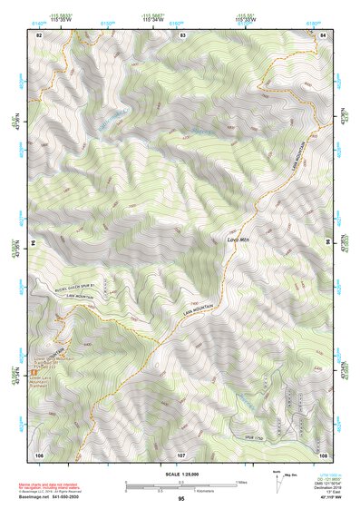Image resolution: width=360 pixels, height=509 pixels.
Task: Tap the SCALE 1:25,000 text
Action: tap(181, 474)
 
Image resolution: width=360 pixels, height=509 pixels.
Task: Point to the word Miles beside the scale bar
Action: tap(240, 482)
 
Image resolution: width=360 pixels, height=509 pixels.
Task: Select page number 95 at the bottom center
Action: tap(181, 500)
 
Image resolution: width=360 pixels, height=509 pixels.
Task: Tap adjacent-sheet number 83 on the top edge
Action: tap(182, 34)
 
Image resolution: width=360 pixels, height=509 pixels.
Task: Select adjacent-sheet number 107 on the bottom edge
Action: tap(181, 454)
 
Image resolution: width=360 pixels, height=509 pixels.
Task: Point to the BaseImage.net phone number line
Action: tap(54, 495)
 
